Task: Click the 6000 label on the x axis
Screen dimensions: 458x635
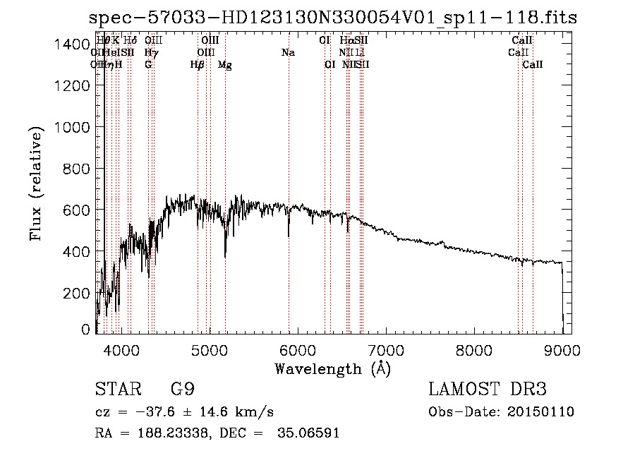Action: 297,349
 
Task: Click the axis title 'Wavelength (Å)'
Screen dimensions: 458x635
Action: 332,368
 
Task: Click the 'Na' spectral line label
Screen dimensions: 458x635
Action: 288,52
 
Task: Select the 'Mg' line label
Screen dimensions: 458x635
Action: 225,65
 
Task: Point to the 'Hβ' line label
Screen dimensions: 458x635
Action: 198,65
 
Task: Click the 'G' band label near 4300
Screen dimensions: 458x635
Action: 148,65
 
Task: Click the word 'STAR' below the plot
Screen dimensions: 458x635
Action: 115,390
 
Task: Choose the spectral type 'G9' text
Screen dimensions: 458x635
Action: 182,390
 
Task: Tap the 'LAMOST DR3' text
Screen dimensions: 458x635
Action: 488,390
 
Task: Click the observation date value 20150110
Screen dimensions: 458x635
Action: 542,412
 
